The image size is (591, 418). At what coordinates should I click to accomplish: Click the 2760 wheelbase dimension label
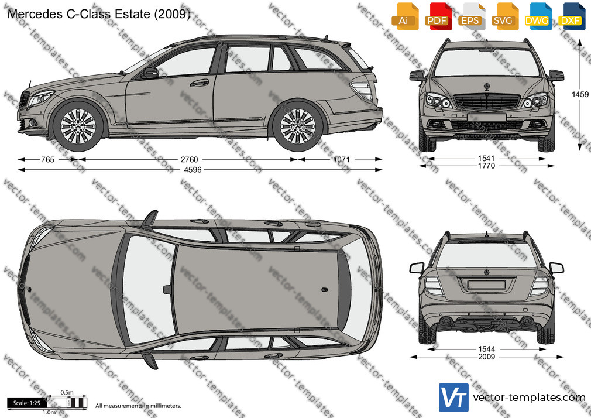(x=189, y=160)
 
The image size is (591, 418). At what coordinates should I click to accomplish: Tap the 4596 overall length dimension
(x=193, y=170)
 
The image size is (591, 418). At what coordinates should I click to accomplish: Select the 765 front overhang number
(x=48, y=160)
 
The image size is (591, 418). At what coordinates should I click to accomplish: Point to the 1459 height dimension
(x=580, y=94)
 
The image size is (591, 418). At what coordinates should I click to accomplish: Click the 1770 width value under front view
(x=486, y=166)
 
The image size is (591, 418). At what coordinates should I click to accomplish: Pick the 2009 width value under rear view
(x=486, y=357)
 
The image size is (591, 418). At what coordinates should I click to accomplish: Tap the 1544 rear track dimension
(x=486, y=349)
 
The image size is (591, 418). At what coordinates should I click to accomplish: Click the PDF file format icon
(x=438, y=16)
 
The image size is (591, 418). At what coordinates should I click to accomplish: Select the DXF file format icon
(x=572, y=16)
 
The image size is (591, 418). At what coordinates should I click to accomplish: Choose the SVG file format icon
(x=504, y=16)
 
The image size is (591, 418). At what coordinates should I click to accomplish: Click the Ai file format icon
(x=405, y=16)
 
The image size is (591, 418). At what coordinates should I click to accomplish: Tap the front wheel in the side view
(x=78, y=126)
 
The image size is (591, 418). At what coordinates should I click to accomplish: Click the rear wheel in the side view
(x=298, y=126)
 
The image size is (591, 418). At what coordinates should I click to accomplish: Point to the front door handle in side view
(x=200, y=83)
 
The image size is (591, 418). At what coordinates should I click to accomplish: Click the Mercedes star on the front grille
(x=487, y=87)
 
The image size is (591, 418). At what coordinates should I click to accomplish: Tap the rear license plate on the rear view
(x=486, y=285)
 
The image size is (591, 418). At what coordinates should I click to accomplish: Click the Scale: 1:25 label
(x=26, y=403)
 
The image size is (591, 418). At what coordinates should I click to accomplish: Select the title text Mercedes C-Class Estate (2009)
(x=99, y=14)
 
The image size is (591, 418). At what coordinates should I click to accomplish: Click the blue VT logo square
(x=454, y=398)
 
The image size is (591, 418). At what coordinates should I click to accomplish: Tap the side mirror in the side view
(x=150, y=73)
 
